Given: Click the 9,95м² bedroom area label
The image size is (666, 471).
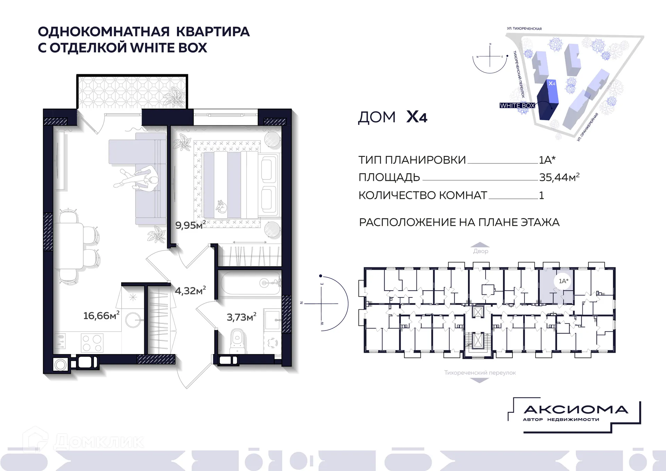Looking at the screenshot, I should pyautogui.click(x=190, y=225).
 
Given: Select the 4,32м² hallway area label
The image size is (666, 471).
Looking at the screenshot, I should pyautogui.click(x=190, y=291).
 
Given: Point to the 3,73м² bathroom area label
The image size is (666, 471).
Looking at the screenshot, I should pyautogui.click(x=241, y=317).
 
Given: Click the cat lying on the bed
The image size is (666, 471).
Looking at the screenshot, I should pyautogui.click(x=221, y=206).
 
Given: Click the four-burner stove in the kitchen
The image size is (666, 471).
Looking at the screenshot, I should pyautogui.click(x=92, y=343).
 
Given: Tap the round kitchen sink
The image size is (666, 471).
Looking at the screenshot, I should pyautogui.click(x=133, y=320).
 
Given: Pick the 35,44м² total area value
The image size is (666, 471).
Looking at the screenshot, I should pyautogui.click(x=559, y=177).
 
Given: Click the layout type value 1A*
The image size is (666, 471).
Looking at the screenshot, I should pyautogui.click(x=547, y=160).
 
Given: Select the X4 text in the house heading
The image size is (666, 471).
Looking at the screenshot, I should pyautogui.click(x=417, y=117).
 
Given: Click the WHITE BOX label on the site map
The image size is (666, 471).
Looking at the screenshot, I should pyautogui.click(x=517, y=106).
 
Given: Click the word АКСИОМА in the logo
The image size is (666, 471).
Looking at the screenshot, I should pyautogui.click(x=576, y=410).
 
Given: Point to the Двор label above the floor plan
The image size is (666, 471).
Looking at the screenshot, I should pyautogui.click(x=480, y=251).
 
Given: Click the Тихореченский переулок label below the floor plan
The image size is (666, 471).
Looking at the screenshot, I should pyautogui.click(x=480, y=373).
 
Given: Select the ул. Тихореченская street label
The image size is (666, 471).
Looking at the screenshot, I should pyautogui.click(x=524, y=28).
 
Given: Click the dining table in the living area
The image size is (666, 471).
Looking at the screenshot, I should pyautogui.click(x=69, y=246).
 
